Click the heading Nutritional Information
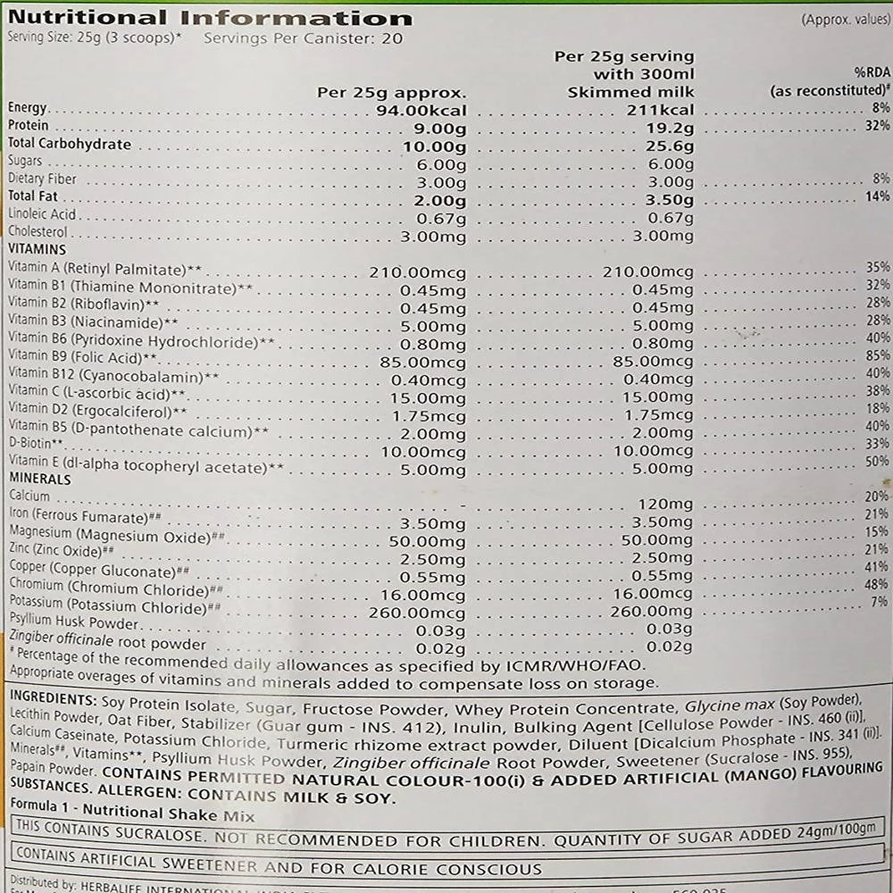(210, 18)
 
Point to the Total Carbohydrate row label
(69, 145)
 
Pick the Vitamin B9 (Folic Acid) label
(82, 356)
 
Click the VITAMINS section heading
(37, 250)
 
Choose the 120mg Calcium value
(660, 505)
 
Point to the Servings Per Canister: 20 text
(303, 38)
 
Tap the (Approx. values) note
(843, 19)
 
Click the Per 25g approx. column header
(392, 92)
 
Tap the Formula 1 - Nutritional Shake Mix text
(131, 814)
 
